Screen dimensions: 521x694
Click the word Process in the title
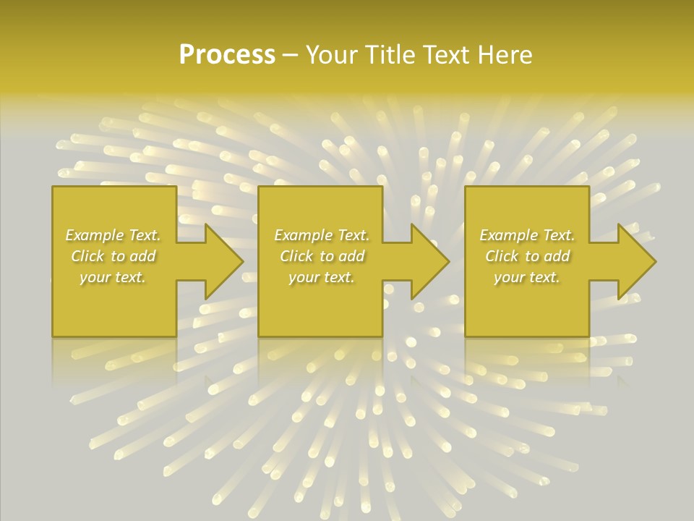pyautogui.click(x=227, y=55)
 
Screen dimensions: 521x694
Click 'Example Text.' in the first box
pyautogui.click(x=113, y=235)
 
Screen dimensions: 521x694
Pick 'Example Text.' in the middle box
pyautogui.click(x=322, y=235)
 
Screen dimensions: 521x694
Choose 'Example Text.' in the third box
pyautogui.click(x=527, y=235)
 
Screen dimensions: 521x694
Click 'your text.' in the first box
pyautogui.click(x=113, y=277)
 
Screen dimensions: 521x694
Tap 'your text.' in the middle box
pyautogui.click(x=322, y=277)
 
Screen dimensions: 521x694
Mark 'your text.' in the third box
pyautogui.click(x=527, y=277)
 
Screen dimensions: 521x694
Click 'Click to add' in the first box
pyautogui.click(x=113, y=256)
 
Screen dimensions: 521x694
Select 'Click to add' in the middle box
pyautogui.click(x=322, y=256)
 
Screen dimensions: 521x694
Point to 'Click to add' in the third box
pyautogui.click(x=527, y=256)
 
